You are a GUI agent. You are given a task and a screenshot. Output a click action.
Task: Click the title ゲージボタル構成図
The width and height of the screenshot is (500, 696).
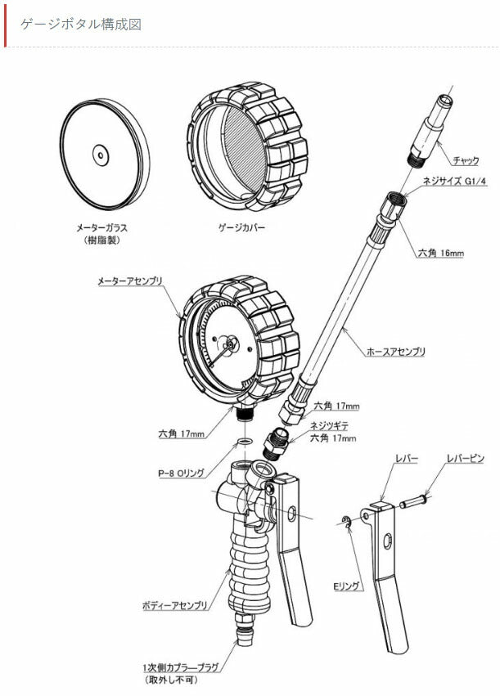[x=81, y=25]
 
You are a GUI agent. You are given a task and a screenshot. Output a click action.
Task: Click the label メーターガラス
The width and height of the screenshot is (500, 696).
[x=101, y=228]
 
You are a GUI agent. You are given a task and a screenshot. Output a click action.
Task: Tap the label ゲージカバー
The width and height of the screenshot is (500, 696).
[x=241, y=228]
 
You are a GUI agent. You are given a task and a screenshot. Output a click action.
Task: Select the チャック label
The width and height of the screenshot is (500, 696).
[x=466, y=160]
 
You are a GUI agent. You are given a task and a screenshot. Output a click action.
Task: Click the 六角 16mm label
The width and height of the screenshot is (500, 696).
[x=440, y=254]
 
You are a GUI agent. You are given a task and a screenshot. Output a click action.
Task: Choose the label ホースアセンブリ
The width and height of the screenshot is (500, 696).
[x=396, y=352]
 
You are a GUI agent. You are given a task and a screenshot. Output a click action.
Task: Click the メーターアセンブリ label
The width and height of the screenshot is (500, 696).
[x=130, y=281]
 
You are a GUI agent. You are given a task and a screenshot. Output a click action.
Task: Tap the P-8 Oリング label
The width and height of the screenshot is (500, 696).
[x=181, y=474]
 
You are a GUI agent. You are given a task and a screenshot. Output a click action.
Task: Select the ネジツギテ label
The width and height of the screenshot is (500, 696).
[x=329, y=426]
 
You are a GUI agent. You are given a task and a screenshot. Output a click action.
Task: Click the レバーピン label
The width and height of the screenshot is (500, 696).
[x=465, y=459]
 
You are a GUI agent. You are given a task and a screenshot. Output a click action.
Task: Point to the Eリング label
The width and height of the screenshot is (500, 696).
[x=346, y=586]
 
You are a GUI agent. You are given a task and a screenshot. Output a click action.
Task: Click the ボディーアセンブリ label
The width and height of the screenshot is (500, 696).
[x=175, y=605]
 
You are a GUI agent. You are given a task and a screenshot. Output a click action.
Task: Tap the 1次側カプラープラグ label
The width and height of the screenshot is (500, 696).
[x=181, y=667]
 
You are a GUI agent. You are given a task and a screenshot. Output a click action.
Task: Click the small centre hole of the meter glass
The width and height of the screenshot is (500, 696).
[x=101, y=155]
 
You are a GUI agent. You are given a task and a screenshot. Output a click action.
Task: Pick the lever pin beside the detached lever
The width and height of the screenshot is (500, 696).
[x=413, y=501]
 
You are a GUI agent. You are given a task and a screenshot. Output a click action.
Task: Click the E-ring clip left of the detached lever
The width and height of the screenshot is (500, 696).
[x=346, y=522]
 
